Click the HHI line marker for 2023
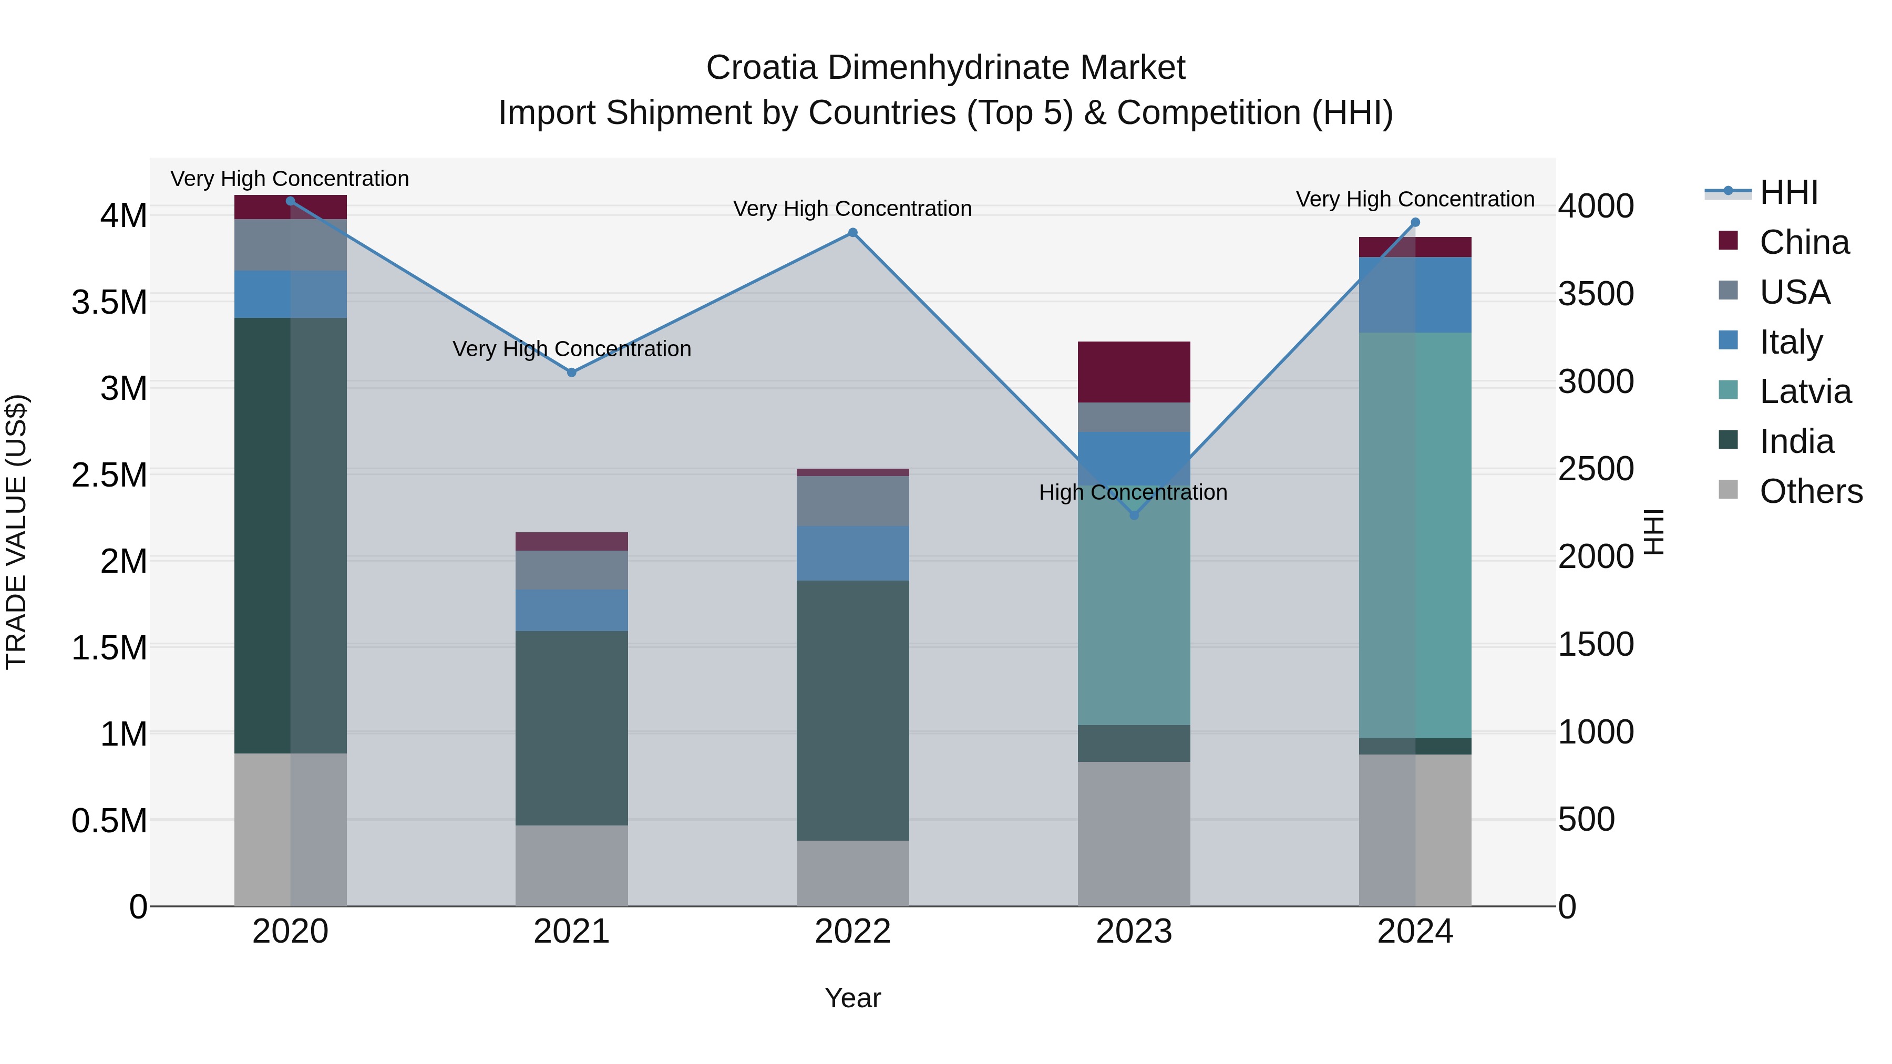(1133, 515)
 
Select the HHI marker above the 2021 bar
(571, 373)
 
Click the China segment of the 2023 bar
(1133, 371)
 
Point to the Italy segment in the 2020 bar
(290, 294)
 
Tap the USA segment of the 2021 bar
(571, 570)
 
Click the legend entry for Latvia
(1805, 391)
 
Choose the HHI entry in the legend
(1788, 192)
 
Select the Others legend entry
(1811, 491)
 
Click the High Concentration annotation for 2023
(1133, 492)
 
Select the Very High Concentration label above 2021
(571, 349)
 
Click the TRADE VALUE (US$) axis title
(16, 532)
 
